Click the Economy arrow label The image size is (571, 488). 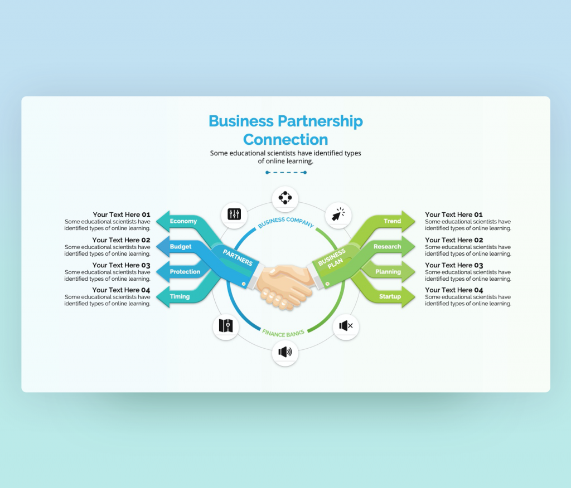(x=183, y=221)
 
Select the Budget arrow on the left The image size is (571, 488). (x=181, y=246)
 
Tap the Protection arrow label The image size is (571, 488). (x=185, y=272)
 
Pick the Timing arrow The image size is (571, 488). (x=180, y=296)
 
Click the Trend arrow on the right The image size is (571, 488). (x=393, y=221)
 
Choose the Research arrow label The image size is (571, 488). (x=388, y=246)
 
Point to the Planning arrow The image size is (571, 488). (x=388, y=272)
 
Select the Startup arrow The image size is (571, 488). (x=390, y=296)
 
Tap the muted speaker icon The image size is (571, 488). (x=346, y=326)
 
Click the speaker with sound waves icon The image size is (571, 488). (x=285, y=352)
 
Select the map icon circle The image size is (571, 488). (x=226, y=326)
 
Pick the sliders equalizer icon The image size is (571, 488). (x=234, y=214)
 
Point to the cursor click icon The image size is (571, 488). (x=338, y=214)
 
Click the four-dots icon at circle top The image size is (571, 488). (x=285, y=198)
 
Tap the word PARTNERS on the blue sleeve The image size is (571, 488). (x=238, y=257)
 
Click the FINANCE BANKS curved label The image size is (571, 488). (x=283, y=333)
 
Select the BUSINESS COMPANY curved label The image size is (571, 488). (x=285, y=221)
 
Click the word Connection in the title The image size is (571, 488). (x=285, y=139)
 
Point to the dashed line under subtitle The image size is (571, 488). (x=286, y=173)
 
